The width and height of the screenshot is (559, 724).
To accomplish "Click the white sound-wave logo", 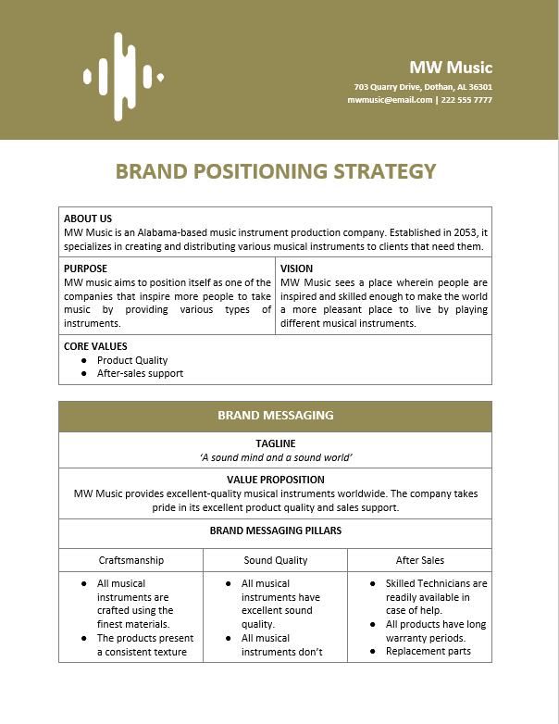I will [x=121, y=77].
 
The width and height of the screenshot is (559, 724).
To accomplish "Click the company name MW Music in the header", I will [x=451, y=68].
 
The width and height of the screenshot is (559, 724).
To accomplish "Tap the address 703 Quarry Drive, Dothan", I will [x=422, y=87].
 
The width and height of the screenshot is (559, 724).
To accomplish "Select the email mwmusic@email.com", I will [x=390, y=100].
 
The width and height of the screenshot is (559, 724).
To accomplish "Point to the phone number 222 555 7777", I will [x=466, y=100].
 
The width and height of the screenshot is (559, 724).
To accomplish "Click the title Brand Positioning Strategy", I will [x=275, y=171].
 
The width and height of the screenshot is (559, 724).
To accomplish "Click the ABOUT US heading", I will [x=88, y=219].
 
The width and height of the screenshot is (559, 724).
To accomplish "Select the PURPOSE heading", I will [x=85, y=269].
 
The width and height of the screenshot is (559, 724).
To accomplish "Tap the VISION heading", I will [x=296, y=269].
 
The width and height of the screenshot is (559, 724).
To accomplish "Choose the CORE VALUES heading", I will [x=95, y=346].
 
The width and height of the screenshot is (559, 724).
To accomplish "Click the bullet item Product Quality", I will [x=132, y=360].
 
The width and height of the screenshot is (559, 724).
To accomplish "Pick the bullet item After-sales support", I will [x=140, y=373].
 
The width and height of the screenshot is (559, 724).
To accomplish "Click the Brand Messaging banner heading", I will [x=275, y=416].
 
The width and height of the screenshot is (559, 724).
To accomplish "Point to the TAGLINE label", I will [x=275, y=444].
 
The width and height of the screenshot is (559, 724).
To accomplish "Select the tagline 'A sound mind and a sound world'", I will [x=275, y=457].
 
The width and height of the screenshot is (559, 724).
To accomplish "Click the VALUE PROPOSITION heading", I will [x=275, y=480].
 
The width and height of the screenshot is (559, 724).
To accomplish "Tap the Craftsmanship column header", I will [x=131, y=560].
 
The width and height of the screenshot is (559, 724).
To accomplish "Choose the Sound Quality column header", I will [x=275, y=560].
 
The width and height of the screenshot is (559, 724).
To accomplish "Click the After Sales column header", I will [x=419, y=560].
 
